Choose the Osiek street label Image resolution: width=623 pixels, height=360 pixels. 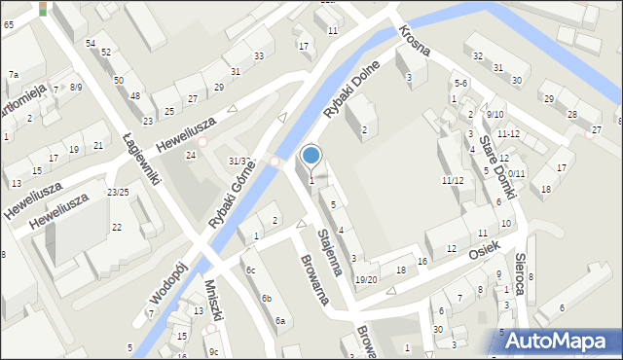(483, 249)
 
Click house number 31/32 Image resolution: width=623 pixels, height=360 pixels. (239, 161)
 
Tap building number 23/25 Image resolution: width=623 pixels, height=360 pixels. (119, 192)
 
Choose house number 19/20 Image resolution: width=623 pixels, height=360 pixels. (366, 279)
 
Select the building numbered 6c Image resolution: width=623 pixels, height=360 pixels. (250, 270)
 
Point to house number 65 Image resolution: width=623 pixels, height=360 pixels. (8, 23)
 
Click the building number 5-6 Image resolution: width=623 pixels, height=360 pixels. (461, 84)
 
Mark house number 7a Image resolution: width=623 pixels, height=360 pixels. (14, 75)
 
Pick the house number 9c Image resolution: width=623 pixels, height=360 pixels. (213, 351)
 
